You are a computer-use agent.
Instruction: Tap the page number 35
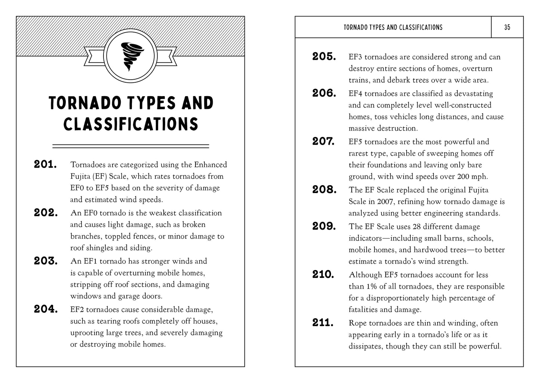click(x=507, y=27)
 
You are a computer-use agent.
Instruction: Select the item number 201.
click(x=45, y=164)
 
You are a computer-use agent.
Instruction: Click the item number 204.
click(x=46, y=309)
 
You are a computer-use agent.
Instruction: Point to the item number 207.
click(x=324, y=141)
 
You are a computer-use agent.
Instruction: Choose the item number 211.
click(x=323, y=322)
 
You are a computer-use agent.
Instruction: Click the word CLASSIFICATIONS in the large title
click(x=130, y=124)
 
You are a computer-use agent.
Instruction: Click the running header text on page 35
click(x=393, y=27)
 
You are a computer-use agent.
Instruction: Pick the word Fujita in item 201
click(x=80, y=176)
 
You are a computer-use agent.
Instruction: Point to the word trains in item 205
click(x=359, y=80)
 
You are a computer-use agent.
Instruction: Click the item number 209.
click(x=324, y=226)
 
